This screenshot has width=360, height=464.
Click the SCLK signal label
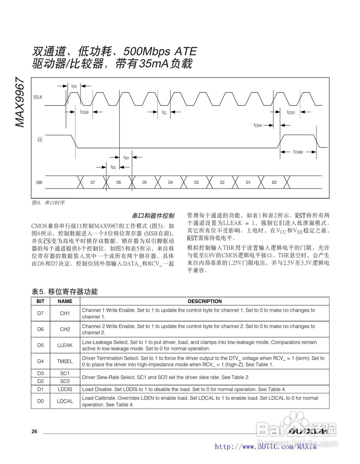(38, 97)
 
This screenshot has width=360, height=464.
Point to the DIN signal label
(39, 182)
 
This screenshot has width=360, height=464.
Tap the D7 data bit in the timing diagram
(93, 182)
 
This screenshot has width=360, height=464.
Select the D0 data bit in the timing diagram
(274, 182)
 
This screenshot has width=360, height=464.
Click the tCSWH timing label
(298, 152)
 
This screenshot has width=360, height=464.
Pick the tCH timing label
(74, 86)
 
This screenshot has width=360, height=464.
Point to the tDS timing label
(113, 167)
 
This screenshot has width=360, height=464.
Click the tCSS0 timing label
(84, 112)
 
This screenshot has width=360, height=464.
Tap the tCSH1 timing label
(258, 125)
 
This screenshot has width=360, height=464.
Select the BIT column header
(41, 301)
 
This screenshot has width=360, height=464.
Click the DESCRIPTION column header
(205, 301)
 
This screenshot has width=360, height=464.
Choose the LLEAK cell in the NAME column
(65, 345)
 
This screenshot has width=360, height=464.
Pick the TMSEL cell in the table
(65, 361)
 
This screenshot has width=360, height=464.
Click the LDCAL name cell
(65, 401)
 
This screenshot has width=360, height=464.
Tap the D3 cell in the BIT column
(41, 373)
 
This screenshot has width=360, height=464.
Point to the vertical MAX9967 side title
(20, 103)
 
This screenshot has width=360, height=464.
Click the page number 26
(34, 431)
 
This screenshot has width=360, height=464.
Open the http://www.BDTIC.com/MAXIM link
(265, 447)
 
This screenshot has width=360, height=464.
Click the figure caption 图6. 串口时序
(48, 203)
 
